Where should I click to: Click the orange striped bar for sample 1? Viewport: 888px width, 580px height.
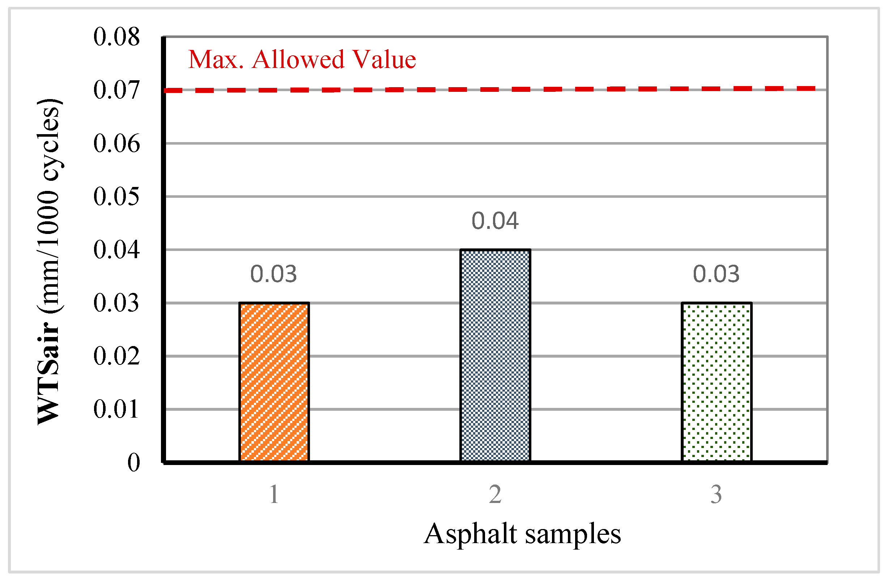(274, 382)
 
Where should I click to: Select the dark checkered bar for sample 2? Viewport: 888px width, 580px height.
(495, 356)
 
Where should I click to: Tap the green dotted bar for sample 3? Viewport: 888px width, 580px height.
(717, 382)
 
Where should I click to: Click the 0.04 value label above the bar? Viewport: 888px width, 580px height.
(495, 221)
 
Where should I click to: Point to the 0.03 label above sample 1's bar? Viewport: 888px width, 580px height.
(273, 274)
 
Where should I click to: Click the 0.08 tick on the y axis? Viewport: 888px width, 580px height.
(116, 37)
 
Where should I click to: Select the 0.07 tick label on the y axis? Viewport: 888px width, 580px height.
(116, 90)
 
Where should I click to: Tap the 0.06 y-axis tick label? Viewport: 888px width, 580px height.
(116, 143)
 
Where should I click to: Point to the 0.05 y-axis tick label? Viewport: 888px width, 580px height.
(116, 197)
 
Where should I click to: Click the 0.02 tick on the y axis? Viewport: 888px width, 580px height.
(116, 356)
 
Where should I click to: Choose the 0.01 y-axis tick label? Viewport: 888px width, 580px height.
(116, 409)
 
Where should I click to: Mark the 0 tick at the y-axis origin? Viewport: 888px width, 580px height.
(133, 462)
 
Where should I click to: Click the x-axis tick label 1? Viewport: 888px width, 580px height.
(274, 495)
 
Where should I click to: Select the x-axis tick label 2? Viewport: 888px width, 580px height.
(495, 495)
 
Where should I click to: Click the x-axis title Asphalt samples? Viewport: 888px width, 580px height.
(522, 534)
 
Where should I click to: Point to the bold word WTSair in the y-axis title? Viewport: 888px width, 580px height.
(48, 373)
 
